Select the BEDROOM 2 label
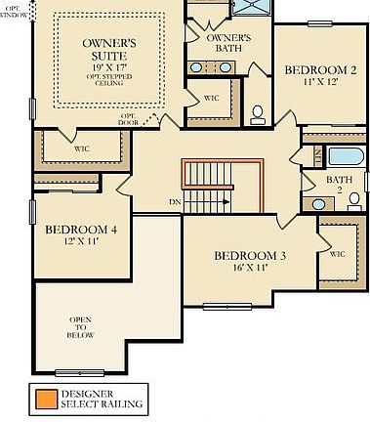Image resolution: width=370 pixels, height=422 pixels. (320, 70)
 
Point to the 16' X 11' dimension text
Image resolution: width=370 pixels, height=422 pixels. (249, 267)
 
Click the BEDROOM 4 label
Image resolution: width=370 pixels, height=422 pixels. (81, 231)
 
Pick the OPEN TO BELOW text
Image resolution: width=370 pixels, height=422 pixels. (80, 327)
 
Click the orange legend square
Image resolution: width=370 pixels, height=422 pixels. (43, 399)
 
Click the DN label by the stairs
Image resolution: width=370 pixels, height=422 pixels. (175, 202)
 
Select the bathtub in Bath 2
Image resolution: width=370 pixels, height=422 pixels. (346, 156)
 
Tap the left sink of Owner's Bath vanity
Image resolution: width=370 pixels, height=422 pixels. (197, 67)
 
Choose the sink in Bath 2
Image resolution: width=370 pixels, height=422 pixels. (318, 204)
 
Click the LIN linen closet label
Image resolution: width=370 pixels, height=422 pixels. (319, 153)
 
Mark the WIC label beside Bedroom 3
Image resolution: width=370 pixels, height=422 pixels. (338, 254)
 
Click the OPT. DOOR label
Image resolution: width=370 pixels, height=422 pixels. (129, 119)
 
